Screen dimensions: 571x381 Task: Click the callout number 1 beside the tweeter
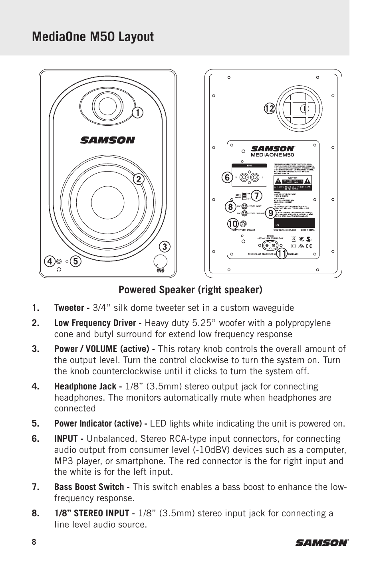tap(137, 113)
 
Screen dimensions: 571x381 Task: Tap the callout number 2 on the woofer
tap(138, 179)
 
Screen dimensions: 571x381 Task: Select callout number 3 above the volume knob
tap(163, 247)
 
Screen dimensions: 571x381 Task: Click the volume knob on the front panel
tap(161, 261)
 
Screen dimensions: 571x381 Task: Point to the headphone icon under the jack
tap(59, 269)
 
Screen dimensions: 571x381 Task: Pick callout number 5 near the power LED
tap(75, 262)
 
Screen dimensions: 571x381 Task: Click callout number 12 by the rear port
tap(269, 109)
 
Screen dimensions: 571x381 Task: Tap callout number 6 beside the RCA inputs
tap(227, 178)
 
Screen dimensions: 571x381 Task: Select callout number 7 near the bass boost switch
tap(256, 196)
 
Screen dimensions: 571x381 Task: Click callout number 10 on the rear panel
tap(232, 224)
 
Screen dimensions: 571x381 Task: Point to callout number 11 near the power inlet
tap(282, 253)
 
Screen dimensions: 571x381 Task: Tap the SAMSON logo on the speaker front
tap(107, 140)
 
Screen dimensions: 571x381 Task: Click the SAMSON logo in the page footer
tap(322, 542)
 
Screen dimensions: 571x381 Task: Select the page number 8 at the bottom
tap(34, 542)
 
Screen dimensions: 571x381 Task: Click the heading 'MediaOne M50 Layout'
tap(93, 37)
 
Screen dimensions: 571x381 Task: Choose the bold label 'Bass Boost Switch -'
tap(92, 487)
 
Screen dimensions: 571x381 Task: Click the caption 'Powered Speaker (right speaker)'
tap(190, 290)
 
